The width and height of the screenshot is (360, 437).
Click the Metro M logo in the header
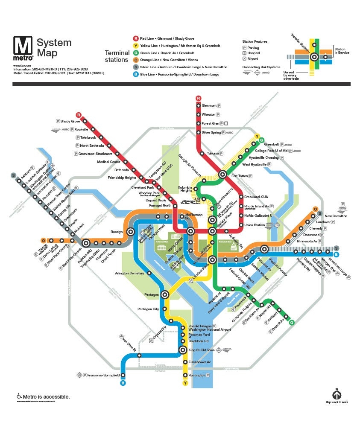(x=23, y=48)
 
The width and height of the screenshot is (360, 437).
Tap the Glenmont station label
(x=209, y=105)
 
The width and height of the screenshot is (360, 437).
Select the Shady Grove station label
(x=70, y=121)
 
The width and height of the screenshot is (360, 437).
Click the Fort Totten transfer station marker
(x=222, y=174)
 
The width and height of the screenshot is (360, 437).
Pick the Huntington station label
(x=197, y=375)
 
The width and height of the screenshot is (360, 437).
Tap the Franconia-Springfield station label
(x=103, y=375)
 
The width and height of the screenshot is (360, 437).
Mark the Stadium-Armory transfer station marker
(x=264, y=249)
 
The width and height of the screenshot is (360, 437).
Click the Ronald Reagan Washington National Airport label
(x=209, y=328)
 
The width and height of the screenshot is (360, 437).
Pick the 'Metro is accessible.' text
(x=46, y=397)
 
